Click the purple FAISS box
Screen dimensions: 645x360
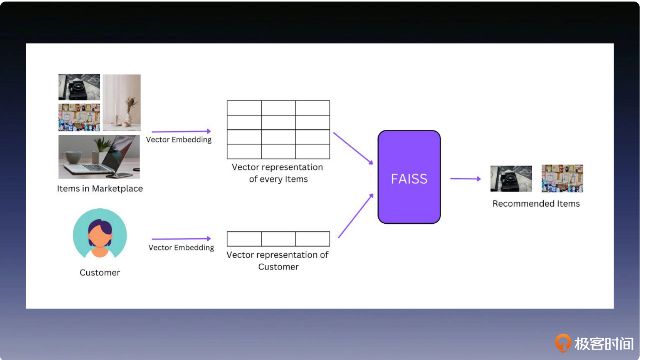[x=409, y=177]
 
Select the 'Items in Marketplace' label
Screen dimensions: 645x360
[x=100, y=189]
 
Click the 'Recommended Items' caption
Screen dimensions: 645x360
[x=536, y=203]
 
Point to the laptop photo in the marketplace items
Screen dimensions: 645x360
[x=99, y=157]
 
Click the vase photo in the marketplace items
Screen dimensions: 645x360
[x=122, y=103]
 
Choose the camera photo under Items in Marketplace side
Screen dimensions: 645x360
[x=79, y=87]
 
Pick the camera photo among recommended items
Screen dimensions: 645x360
[x=511, y=178]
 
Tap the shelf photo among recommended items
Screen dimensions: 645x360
[x=563, y=178]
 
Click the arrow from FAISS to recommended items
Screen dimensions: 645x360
[x=465, y=179]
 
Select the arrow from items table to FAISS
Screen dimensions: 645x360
[x=353, y=149]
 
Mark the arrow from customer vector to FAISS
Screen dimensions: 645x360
[x=356, y=216]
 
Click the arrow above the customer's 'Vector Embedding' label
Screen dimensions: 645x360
[x=181, y=239]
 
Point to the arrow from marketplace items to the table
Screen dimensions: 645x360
[x=181, y=131]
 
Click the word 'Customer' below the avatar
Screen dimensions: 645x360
[x=100, y=273]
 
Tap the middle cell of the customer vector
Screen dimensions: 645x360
[x=279, y=239]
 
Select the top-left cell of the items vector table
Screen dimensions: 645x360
[x=244, y=108]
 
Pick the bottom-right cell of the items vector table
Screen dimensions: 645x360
[x=313, y=151]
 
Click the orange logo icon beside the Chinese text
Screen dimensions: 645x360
[x=563, y=343]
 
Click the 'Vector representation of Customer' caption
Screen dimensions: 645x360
[x=277, y=261]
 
